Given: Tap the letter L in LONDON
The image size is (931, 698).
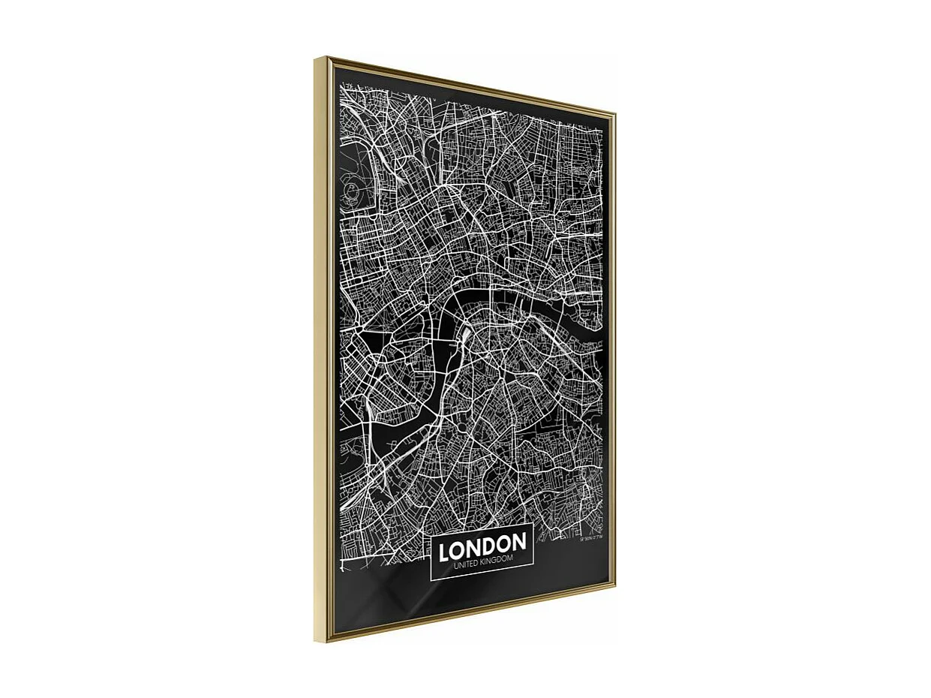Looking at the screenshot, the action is [x=444, y=552].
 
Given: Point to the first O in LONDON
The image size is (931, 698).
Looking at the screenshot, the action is [x=457, y=550].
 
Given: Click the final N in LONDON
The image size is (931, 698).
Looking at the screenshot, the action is [x=518, y=541].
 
